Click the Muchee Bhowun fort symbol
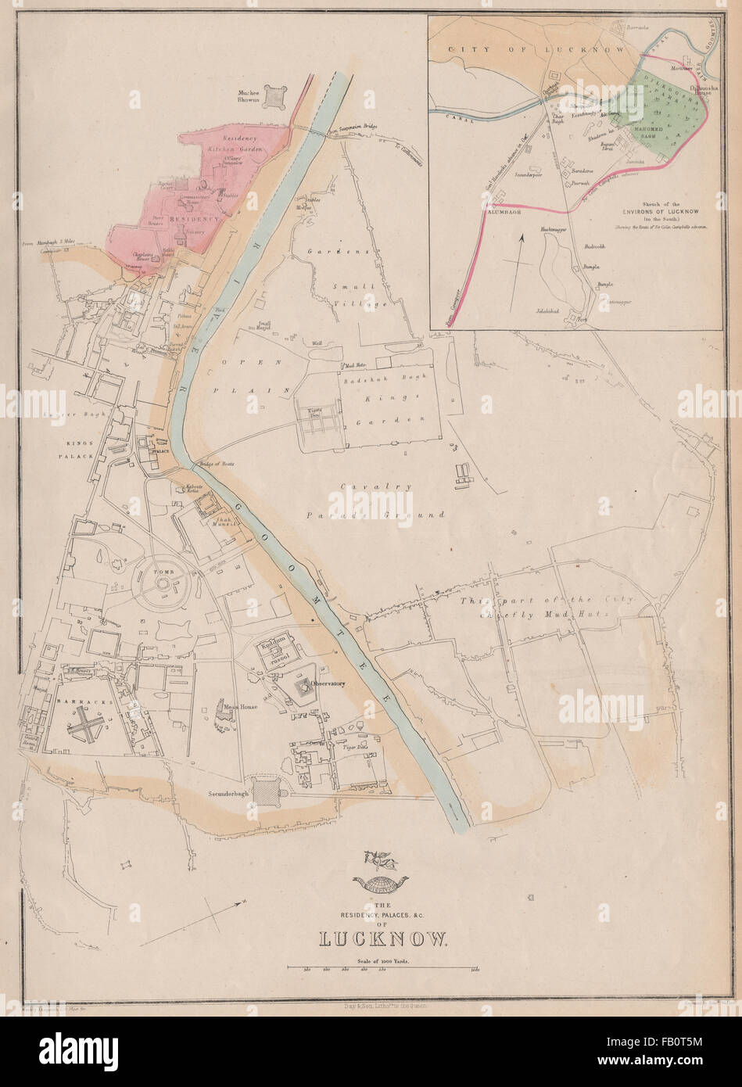point(274,96)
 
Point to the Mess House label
point(241,705)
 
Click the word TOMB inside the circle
point(164,571)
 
